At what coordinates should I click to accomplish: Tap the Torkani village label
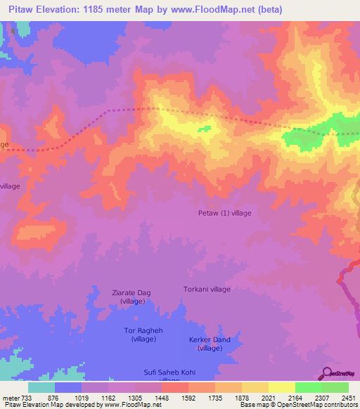pos(207,289)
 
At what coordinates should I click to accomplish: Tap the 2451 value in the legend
pos(348,398)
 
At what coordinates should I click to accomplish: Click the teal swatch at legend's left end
pos(41,387)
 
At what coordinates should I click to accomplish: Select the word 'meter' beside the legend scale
pos(10,398)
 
